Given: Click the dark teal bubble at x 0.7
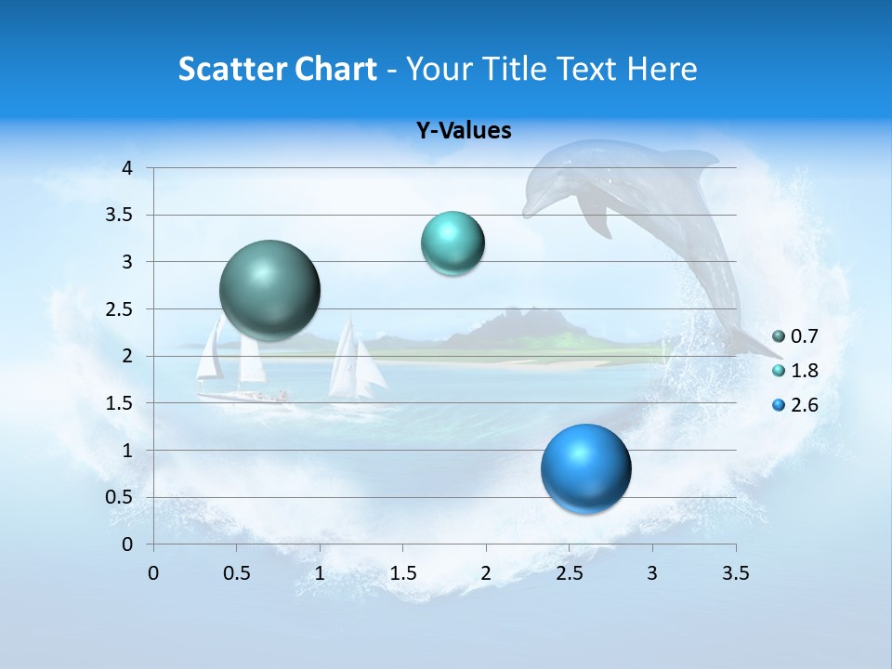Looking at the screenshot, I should (270, 290).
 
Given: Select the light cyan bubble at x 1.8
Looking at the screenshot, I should (453, 243).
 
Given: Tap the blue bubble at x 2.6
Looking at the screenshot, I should (585, 468).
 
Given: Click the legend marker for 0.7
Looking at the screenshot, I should (779, 336).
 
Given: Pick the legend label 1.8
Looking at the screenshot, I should (804, 371).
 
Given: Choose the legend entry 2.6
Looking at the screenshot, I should (804, 405).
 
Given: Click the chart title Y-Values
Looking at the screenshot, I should (464, 131).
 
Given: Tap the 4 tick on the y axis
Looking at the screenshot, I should (127, 168).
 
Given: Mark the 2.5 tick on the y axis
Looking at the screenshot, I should (120, 309).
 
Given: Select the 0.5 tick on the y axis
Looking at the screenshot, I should (120, 497).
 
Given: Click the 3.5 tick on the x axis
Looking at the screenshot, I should (735, 573).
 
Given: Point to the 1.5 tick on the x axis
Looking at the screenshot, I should (402, 573).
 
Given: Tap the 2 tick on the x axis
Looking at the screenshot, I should (485, 573).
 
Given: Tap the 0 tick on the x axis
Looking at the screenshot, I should (153, 573).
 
